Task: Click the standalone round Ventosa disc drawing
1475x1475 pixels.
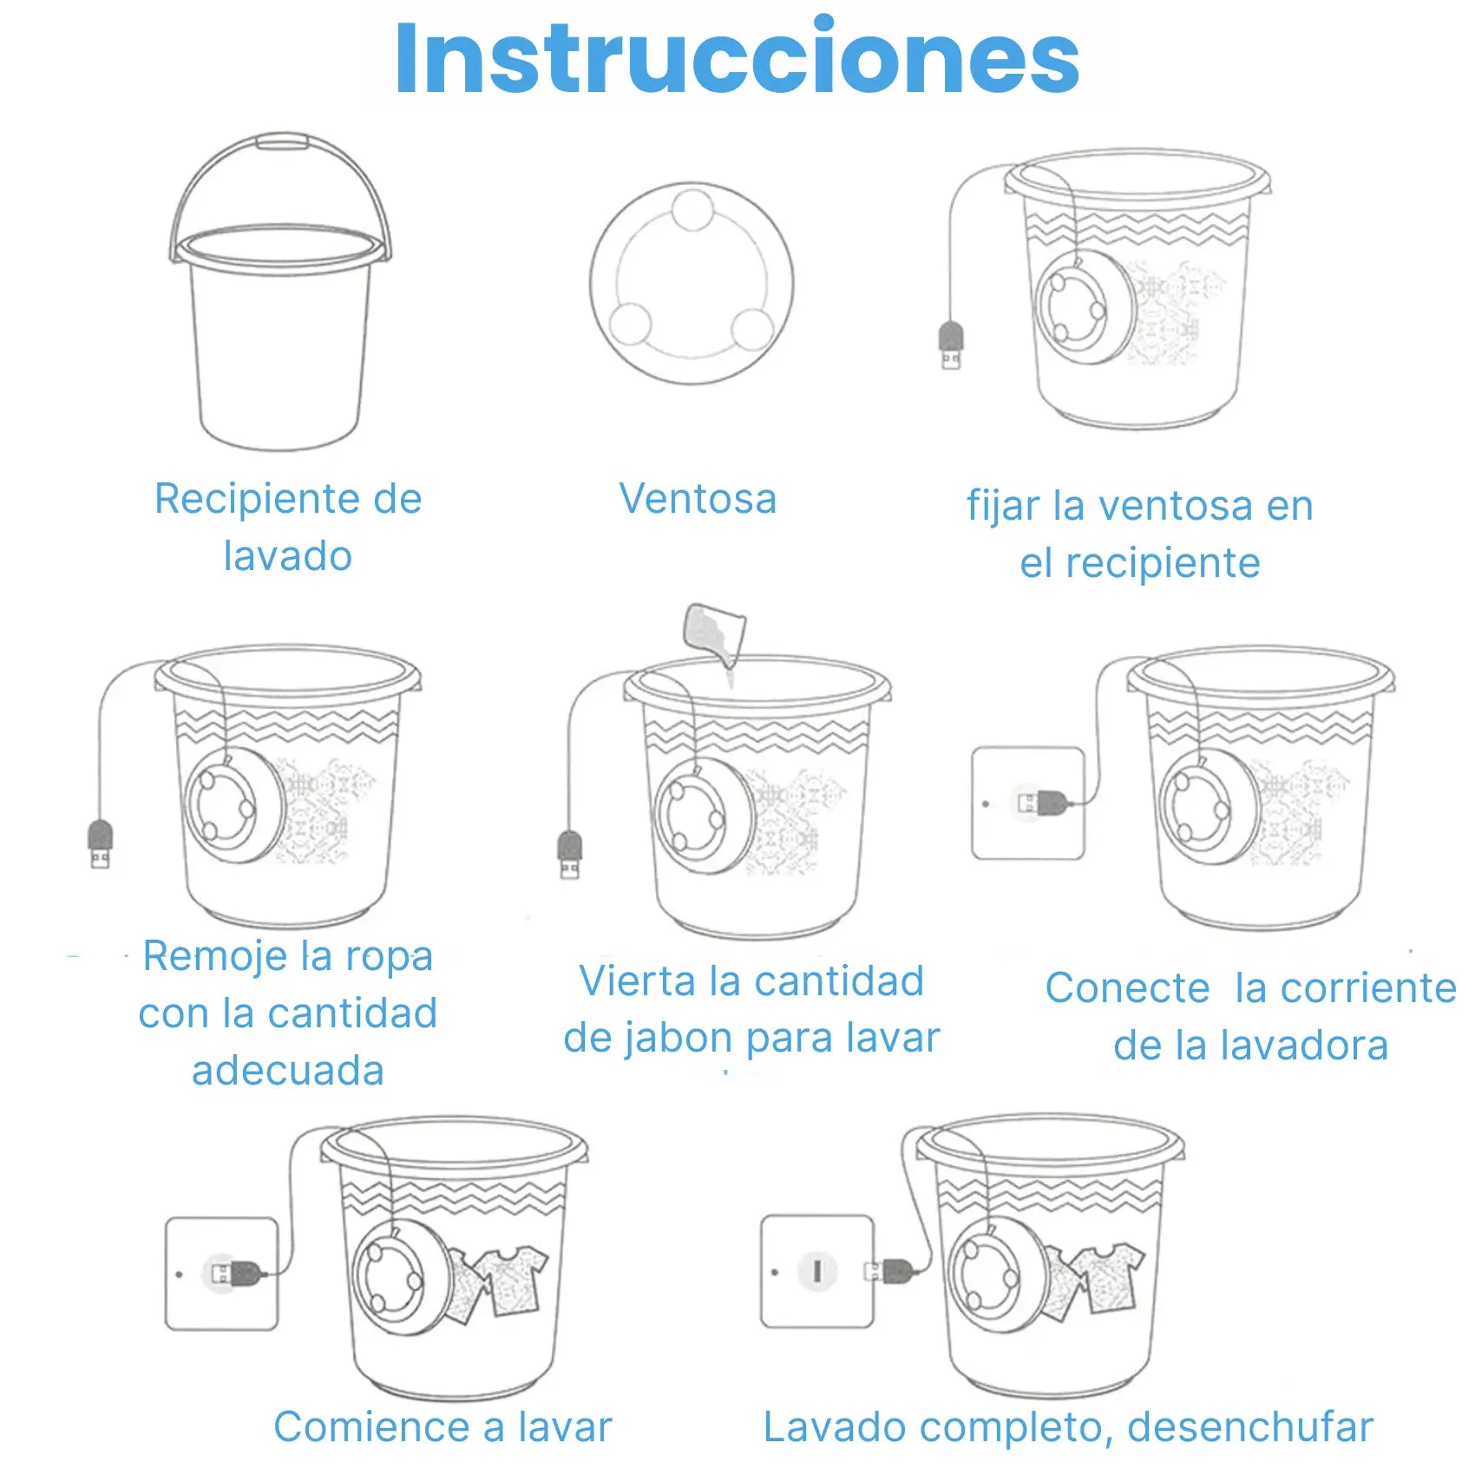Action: [692, 282]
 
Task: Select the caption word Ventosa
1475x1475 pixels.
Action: [698, 499]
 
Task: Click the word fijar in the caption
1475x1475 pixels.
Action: [1002, 507]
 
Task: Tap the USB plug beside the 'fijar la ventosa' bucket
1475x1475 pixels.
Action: [952, 344]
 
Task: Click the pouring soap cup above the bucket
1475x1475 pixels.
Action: [715, 633]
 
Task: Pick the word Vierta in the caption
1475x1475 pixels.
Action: [637, 981]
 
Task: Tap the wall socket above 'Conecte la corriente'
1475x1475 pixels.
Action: [1028, 803]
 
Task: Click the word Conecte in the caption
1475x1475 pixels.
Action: [1127, 988]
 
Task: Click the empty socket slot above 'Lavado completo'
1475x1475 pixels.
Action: [816, 1272]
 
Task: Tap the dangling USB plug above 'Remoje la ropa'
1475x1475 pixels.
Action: [101, 843]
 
